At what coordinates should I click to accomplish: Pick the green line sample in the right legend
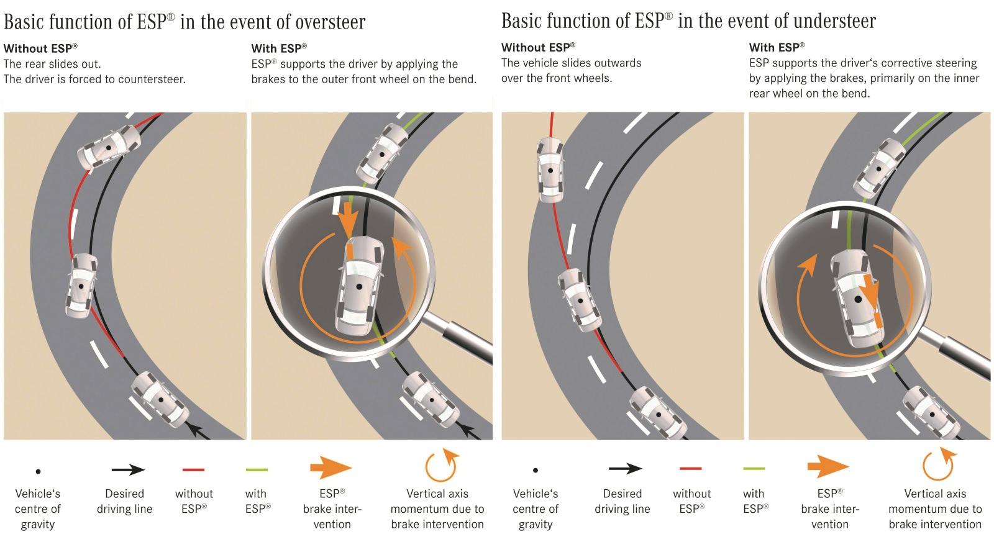pyautogui.click(x=753, y=468)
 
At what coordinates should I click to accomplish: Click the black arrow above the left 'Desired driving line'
pyautogui.click(x=128, y=470)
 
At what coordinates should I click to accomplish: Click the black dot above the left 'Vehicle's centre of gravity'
pyautogui.click(x=39, y=472)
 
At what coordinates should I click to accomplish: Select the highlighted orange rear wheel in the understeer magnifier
pyautogui.click(x=877, y=321)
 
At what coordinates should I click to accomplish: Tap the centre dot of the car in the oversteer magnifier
pyautogui.click(x=359, y=286)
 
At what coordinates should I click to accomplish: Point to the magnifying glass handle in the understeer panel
pyautogui.click(x=963, y=359)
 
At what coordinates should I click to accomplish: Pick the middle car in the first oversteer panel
pyautogui.click(x=81, y=285)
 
